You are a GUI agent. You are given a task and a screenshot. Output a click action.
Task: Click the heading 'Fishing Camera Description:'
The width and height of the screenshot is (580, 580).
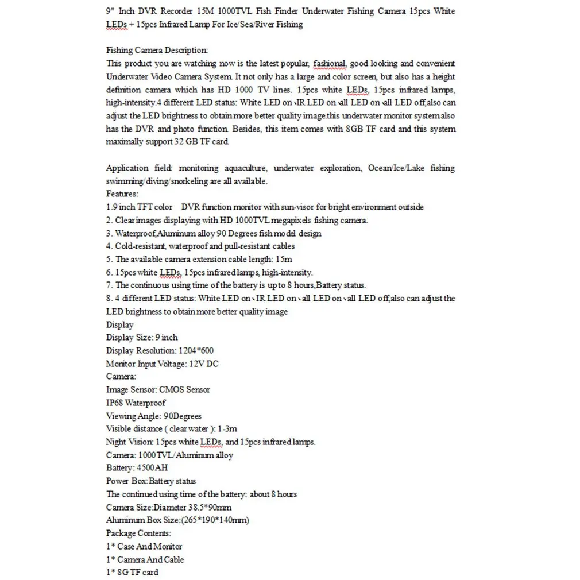[157, 51]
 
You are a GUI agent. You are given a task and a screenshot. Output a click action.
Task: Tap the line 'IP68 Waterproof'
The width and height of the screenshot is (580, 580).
[136, 403]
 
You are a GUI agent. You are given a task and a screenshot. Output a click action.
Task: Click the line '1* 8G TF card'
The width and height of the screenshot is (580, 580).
[132, 572]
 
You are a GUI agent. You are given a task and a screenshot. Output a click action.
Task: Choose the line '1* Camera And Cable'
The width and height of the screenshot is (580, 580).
[145, 559]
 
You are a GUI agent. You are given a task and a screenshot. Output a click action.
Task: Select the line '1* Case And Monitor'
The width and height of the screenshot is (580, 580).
[144, 546]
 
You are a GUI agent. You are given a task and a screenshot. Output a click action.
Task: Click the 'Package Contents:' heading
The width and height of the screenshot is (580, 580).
[138, 533]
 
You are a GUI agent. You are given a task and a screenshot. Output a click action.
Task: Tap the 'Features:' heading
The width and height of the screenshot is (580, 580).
[122, 194]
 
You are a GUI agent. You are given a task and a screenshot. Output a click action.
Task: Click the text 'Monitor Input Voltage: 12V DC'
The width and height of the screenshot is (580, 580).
[162, 364]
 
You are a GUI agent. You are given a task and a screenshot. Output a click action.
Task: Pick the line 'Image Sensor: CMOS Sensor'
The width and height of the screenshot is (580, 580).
[158, 389]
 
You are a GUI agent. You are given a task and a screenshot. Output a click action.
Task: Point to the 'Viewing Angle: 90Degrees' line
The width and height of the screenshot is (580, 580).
[153, 416]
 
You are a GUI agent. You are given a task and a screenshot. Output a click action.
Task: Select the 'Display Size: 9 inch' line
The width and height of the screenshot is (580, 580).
[142, 337]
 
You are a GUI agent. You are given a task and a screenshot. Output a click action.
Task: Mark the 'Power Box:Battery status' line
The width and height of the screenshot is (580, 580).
[150, 481]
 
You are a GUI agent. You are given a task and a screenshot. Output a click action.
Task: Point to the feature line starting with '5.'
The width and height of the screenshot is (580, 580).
[199, 259]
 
